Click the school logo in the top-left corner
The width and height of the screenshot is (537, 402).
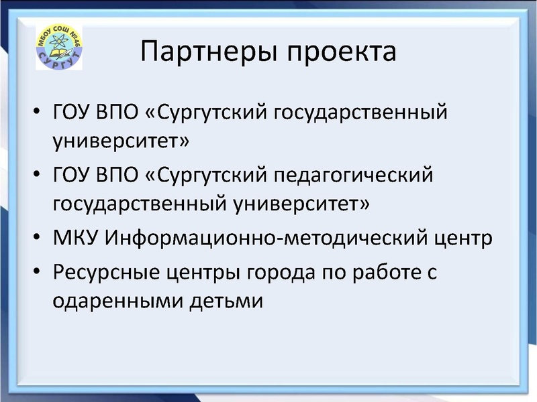(58, 47)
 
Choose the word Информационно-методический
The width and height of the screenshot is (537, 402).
(263, 238)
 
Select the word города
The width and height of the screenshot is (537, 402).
(281, 274)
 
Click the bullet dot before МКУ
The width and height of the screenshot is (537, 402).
(38, 239)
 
